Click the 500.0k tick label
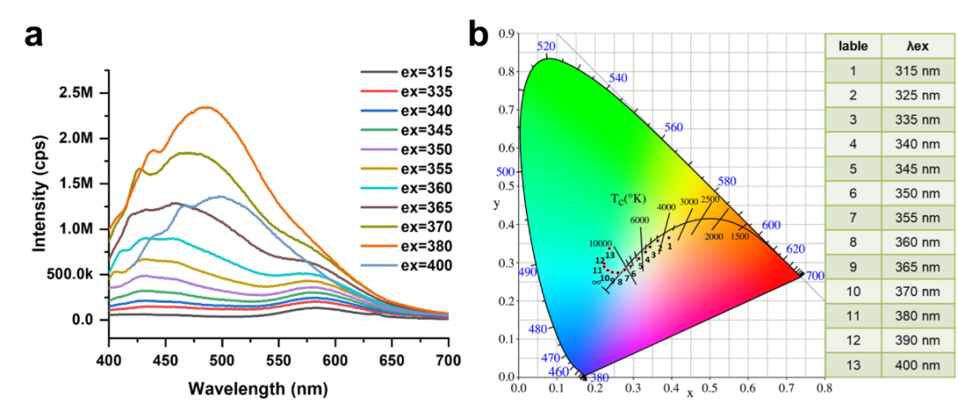click(x=71, y=274)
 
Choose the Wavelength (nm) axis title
click(x=278, y=388)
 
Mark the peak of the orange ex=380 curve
click(x=207, y=107)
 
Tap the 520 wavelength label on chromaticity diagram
click(x=546, y=46)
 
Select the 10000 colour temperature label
click(x=601, y=244)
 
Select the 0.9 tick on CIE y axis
click(x=508, y=34)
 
